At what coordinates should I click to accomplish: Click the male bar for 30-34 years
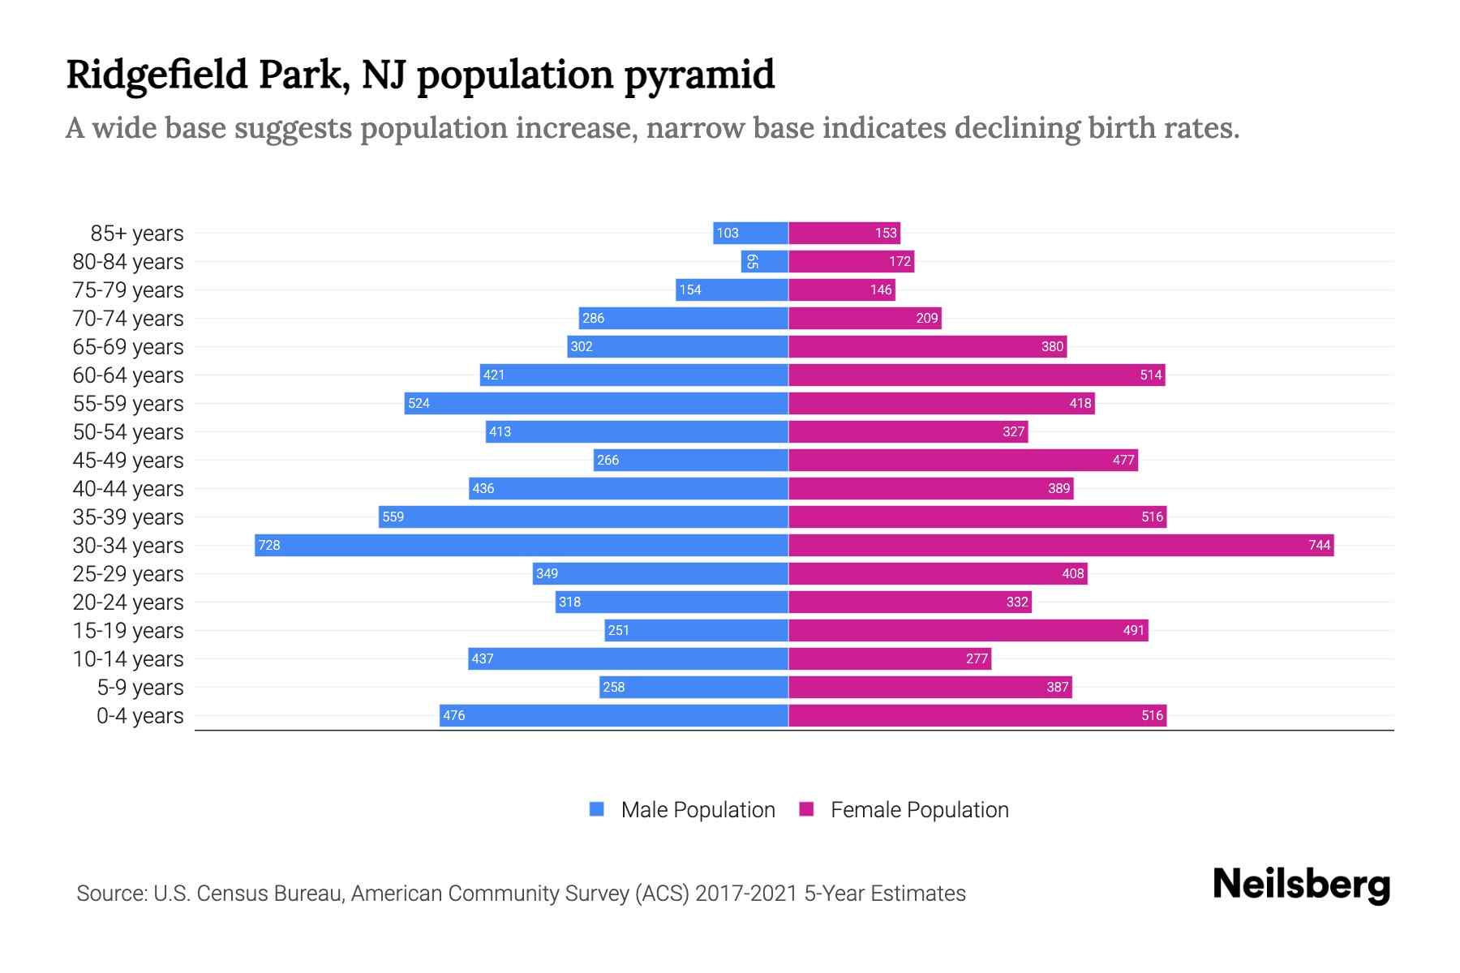522,545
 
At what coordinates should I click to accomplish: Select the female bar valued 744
1061,545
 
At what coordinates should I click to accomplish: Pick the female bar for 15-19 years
968,630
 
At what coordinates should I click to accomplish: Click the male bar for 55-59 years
596,403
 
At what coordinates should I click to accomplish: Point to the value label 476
454,715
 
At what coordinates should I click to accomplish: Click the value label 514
1151,375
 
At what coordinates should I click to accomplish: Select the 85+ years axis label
137,234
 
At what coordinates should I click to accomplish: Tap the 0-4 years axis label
140,716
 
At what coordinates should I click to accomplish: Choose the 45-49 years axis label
128,461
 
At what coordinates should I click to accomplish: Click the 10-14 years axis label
128,659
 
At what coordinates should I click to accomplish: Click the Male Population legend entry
697,810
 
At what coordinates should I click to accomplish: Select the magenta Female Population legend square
806,809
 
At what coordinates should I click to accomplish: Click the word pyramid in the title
699,75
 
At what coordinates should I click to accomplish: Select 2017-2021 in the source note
746,894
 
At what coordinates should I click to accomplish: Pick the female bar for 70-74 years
865,318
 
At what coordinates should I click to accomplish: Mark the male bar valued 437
628,658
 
